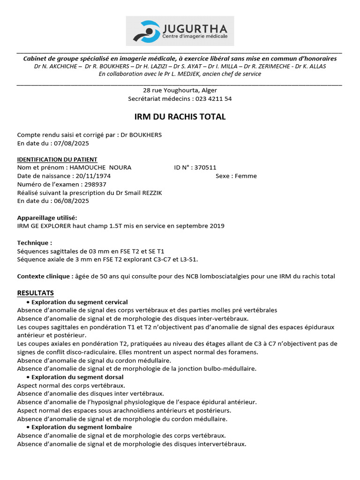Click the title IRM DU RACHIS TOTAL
[x=180, y=117]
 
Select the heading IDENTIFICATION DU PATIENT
[x=57, y=159]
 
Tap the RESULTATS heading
[x=36, y=293]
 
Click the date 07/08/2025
[x=71, y=143]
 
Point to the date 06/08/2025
[x=71, y=201]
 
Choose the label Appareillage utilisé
[x=47, y=217]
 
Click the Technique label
[x=34, y=243]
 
